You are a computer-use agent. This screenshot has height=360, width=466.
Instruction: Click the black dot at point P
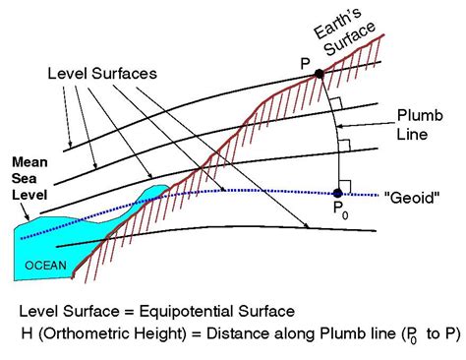320,73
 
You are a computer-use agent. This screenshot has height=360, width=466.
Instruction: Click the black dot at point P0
337,192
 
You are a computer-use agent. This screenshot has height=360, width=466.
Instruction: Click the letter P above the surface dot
303,62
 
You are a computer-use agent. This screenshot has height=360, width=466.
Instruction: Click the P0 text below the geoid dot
338,210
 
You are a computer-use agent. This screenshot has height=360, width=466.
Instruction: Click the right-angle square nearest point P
335,102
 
